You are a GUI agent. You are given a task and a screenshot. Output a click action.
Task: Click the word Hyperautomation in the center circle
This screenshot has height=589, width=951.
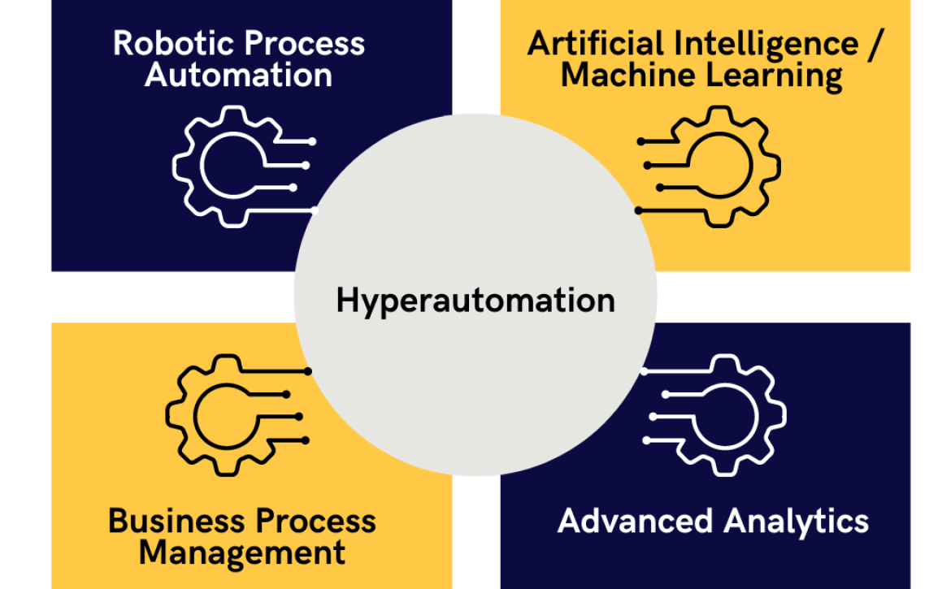[475, 301]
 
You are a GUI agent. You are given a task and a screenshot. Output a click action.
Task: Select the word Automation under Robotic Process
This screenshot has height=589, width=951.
[238, 76]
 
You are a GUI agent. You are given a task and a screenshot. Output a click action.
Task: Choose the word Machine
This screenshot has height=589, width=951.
[621, 76]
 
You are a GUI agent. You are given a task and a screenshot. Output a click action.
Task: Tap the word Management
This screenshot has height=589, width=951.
[242, 553]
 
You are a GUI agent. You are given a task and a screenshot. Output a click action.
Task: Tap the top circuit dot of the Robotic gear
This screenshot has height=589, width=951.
[312, 141]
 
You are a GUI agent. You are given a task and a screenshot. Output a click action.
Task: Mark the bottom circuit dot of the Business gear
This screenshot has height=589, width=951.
[305, 440]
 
